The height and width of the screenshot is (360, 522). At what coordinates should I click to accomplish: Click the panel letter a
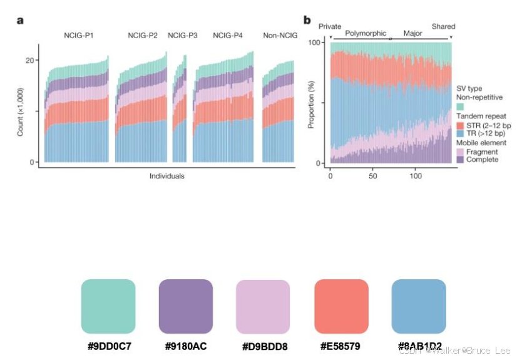[x=20, y=20]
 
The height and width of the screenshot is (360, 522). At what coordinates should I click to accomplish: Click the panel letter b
[x=307, y=20]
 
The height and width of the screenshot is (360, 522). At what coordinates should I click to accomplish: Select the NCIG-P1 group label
[x=79, y=36]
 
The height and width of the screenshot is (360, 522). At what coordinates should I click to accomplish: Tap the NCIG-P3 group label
[x=182, y=36]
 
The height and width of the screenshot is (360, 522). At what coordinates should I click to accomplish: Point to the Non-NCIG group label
[x=279, y=36]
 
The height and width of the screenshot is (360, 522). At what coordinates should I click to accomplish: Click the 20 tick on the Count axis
[x=29, y=60]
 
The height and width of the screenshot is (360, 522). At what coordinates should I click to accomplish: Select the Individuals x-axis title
[x=167, y=177]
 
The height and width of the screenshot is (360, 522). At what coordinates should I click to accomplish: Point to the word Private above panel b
[x=330, y=27]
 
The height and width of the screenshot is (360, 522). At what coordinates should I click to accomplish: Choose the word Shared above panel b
[x=444, y=27]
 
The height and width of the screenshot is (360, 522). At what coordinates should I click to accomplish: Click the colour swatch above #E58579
[x=340, y=306]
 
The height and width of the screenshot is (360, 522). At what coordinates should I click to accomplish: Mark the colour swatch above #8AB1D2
[x=418, y=306]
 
